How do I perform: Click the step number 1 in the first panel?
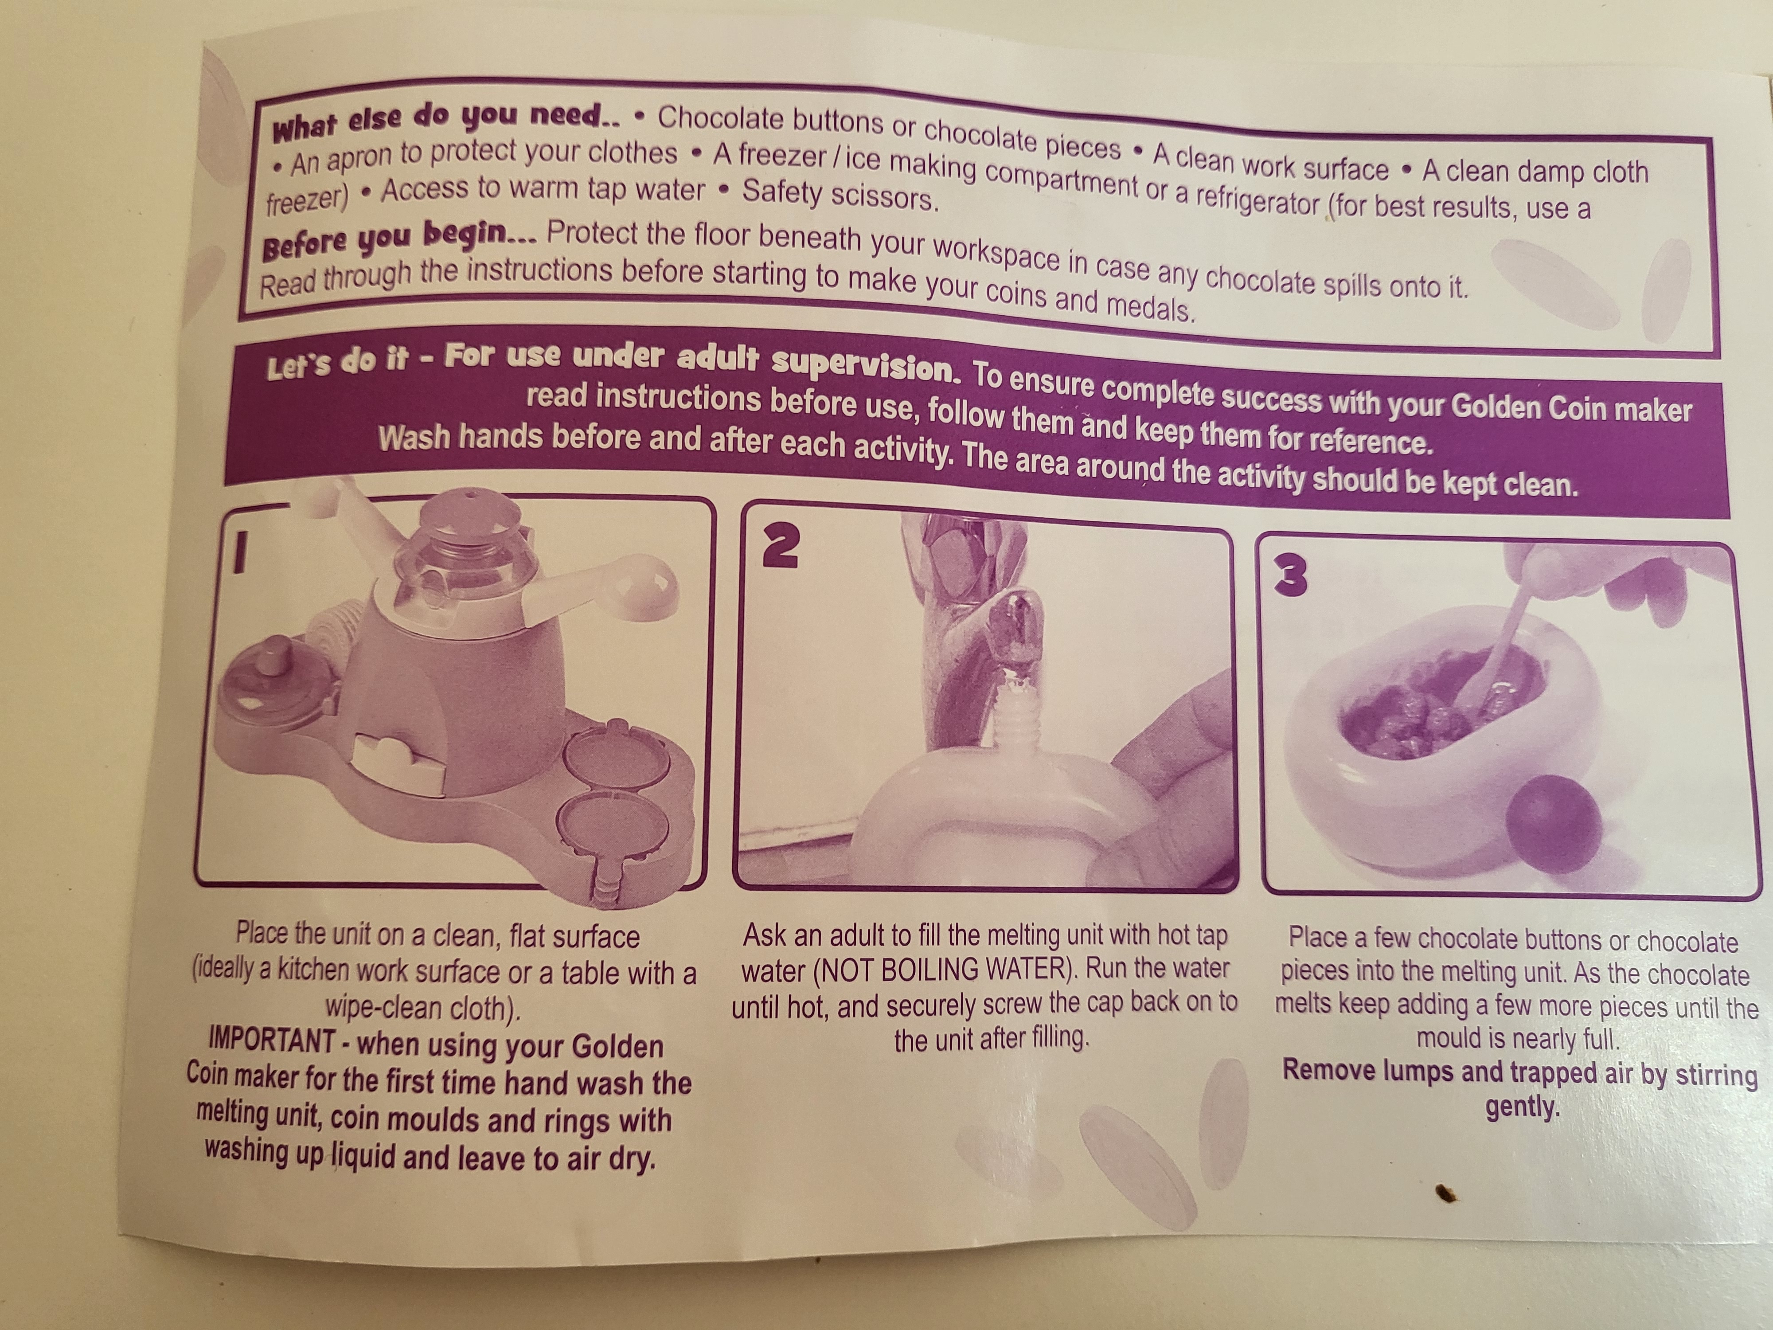point(238,554)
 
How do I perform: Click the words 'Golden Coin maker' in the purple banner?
point(1571,409)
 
